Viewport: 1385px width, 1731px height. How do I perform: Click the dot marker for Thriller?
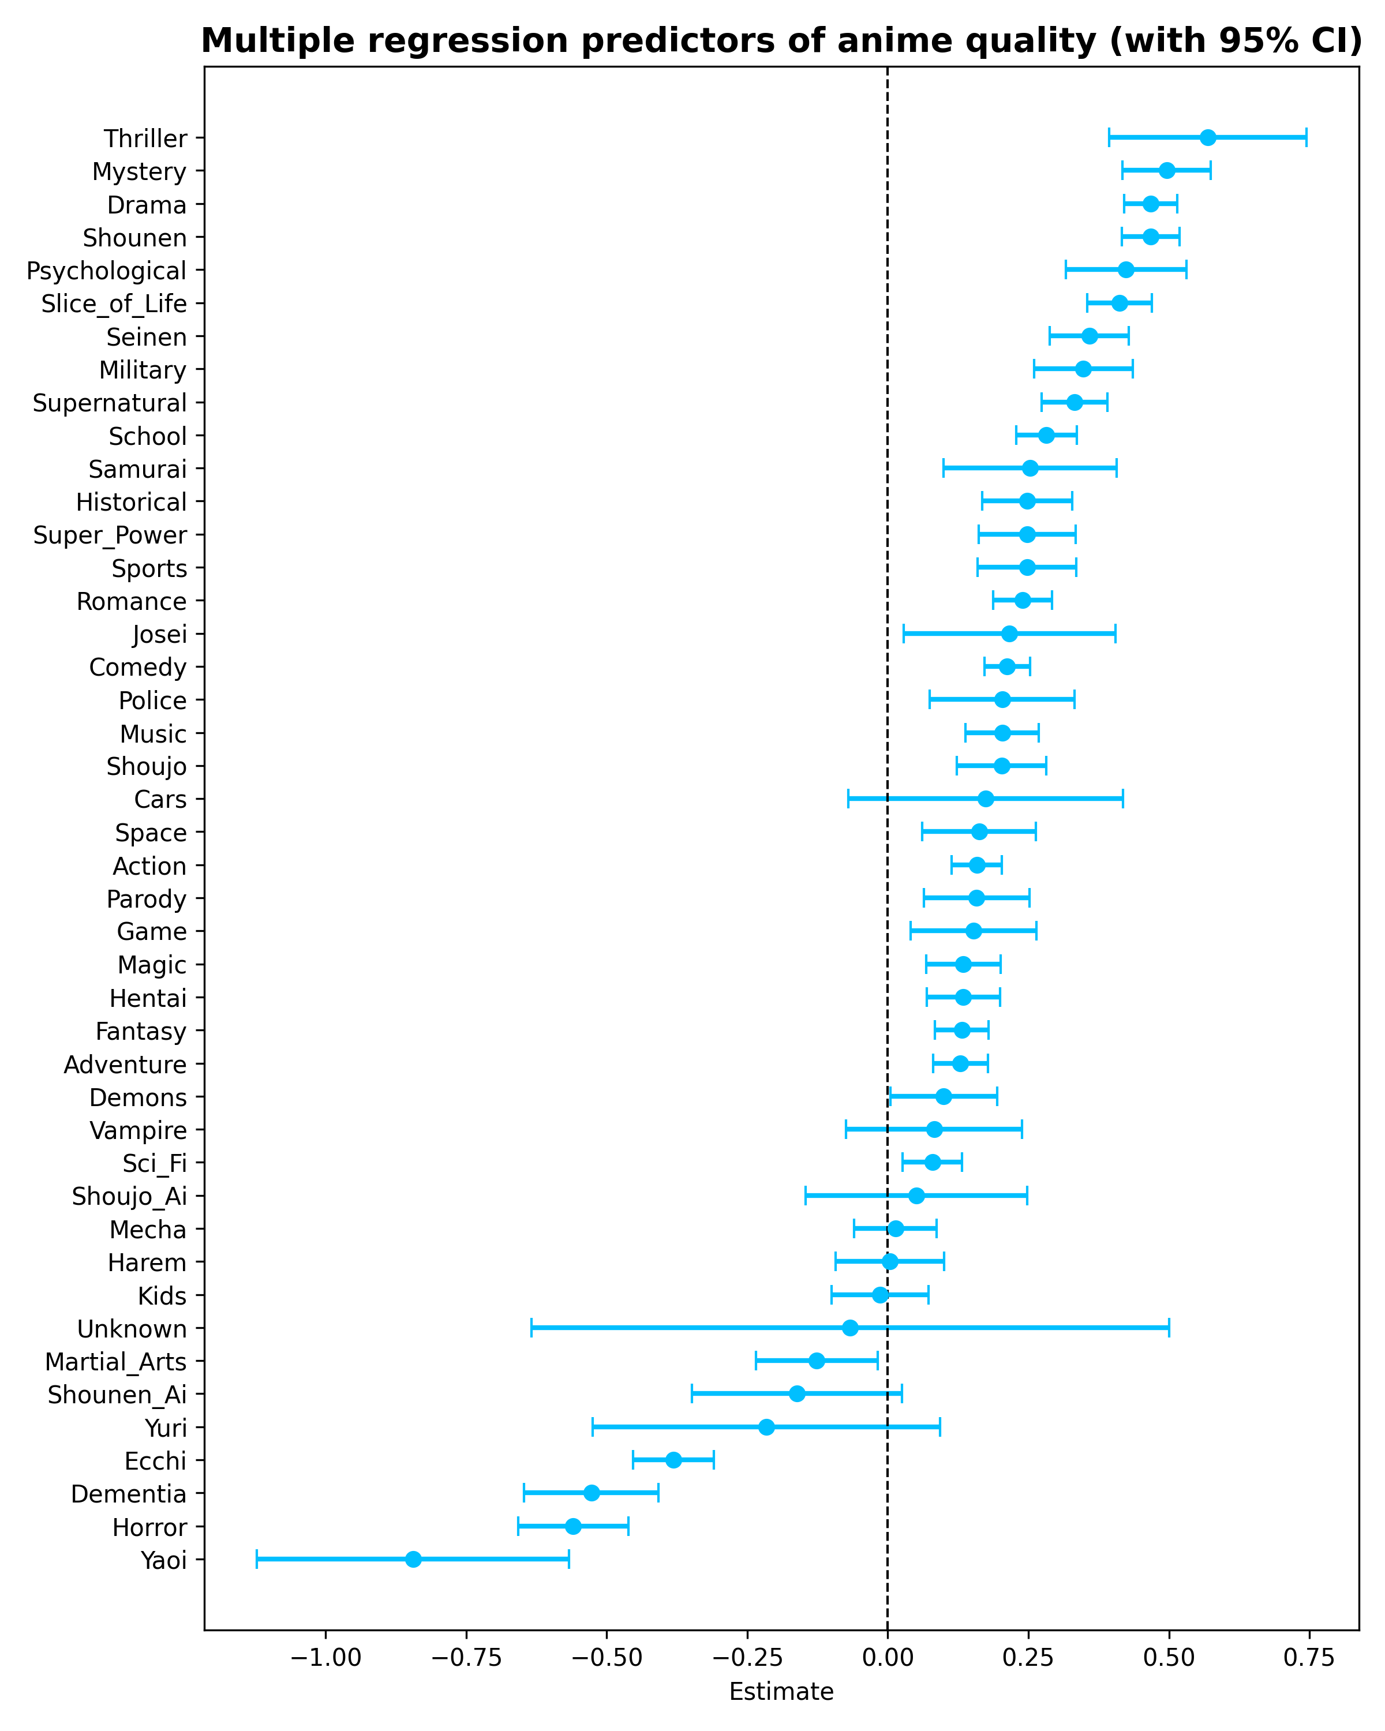coord(1207,137)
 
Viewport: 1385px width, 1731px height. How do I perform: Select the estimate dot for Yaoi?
coord(413,1559)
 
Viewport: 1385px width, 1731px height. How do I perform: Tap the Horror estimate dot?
coord(572,1526)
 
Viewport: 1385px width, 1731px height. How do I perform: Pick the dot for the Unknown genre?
coord(849,1328)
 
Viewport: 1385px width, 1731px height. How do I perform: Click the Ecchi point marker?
coord(673,1460)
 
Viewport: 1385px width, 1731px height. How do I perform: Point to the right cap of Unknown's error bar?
coord(1168,1328)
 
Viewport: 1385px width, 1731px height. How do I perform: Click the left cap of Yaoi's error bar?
coord(256,1559)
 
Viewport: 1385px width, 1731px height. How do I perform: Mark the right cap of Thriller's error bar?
coord(1307,137)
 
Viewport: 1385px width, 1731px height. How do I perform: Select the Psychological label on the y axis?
coord(106,271)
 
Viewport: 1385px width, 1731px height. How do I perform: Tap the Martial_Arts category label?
coord(115,1362)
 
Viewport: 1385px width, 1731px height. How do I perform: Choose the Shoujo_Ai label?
coord(129,1196)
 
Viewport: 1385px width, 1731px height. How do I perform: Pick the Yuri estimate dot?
coord(766,1427)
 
